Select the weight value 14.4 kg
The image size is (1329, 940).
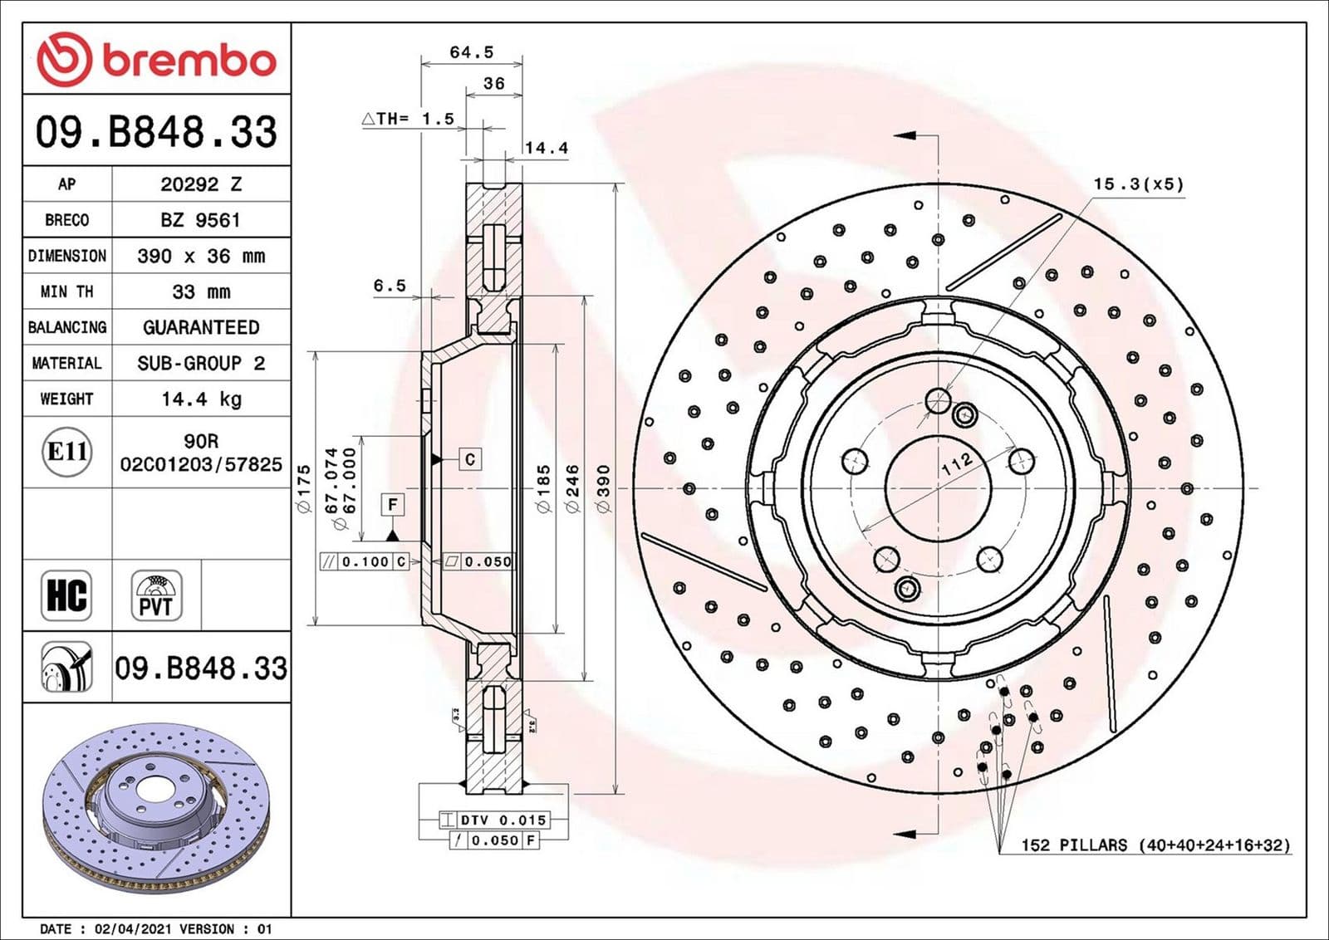point(201,399)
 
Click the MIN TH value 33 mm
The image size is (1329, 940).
point(201,292)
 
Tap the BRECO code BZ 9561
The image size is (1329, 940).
point(201,220)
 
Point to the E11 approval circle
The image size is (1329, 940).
point(67,452)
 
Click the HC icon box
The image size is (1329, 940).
point(66,595)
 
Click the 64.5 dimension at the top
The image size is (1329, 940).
point(471,52)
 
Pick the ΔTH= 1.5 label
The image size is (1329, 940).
point(409,119)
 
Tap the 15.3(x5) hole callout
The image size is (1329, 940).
point(1138,184)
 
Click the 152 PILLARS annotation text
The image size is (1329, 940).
point(1155,845)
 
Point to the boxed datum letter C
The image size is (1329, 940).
point(470,459)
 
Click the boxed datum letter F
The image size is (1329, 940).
point(393,504)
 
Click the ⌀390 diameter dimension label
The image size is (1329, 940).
point(603,488)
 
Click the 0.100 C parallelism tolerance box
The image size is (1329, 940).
point(365,561)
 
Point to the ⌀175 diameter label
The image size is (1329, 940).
point(303,488)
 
